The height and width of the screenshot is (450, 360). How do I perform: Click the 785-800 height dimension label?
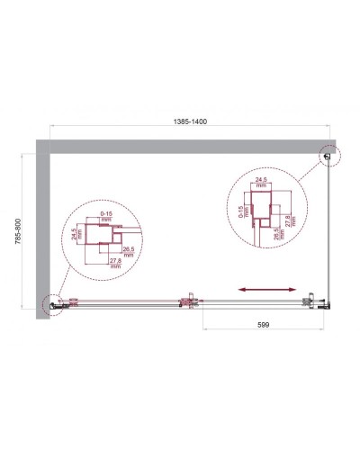coord(21,234)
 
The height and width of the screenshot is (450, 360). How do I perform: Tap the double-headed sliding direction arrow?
coord(267,290)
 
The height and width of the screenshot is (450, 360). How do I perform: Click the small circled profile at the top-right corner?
coord(326,158)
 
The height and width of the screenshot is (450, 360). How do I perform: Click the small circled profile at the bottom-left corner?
coord(52,305)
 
